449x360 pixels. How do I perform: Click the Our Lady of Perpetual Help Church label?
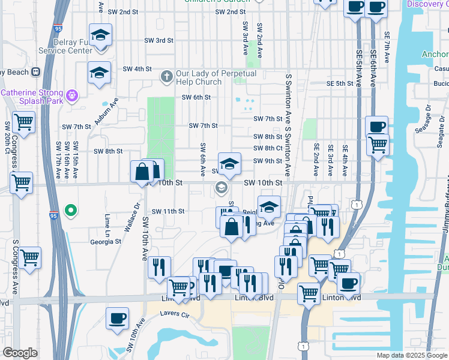point(215,77)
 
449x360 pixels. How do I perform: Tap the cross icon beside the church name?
point(167,77)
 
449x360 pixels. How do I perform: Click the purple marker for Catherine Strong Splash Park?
point(72,94)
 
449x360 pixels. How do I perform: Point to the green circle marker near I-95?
point(70,210)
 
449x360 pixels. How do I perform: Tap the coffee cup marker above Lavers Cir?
point(117,317)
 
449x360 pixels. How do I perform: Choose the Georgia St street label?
point(106,242)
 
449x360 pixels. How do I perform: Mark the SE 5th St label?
point(340,83)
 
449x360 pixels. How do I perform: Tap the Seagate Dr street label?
point(428,118)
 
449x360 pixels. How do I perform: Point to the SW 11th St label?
point(168,211)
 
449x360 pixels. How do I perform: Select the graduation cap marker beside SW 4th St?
point(99,73)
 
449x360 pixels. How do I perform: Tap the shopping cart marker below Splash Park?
point(23,122)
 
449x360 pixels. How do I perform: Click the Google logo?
point(20,353)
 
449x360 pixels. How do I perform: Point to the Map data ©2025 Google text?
point(411,355)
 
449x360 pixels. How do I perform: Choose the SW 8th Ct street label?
point(268,148)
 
